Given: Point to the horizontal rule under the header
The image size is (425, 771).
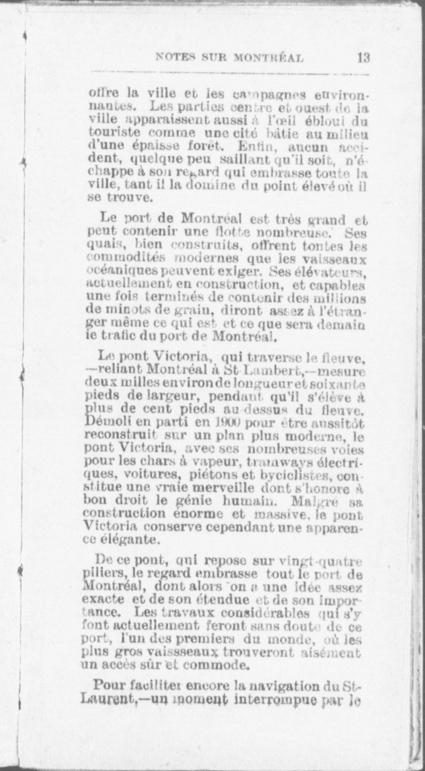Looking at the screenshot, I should pyautogui.click(x=229, y=72).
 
